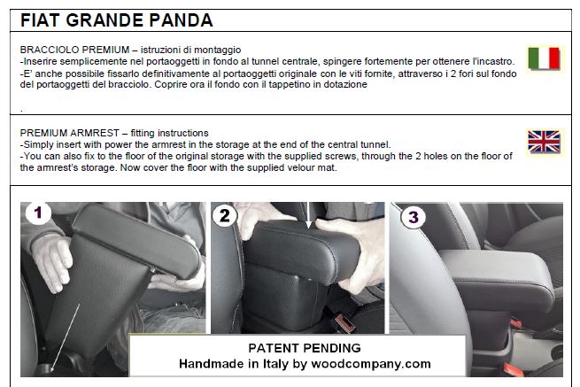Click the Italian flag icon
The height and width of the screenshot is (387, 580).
[x=544, y=58]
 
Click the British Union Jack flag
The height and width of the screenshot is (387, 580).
[x=544, y=142]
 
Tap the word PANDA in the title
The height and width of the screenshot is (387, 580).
[x=181, y=20]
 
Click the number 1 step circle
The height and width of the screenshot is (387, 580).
[x=38, y=213]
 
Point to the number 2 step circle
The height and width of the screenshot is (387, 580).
[x=225, y=215]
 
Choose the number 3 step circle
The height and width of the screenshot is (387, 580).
[x=414, y=217]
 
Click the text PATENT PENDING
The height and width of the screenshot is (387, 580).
[x=305, y=348]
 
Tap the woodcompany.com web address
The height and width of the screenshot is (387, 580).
[x=371, y=364]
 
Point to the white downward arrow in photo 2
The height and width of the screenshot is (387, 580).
[x=309, y=215]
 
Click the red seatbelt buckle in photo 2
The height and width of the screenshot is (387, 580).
[x=344, y=321]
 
